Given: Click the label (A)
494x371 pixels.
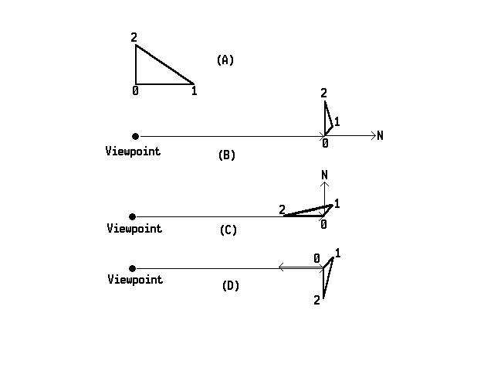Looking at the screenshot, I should [225, 60].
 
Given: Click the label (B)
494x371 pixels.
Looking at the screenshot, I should [227, 155].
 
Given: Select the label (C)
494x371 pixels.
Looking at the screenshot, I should [228, 230].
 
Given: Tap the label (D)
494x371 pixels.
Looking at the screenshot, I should [230, 285].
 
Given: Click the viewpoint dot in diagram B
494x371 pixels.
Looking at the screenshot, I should [136, 137].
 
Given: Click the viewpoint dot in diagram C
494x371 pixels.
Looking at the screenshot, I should [133, 216].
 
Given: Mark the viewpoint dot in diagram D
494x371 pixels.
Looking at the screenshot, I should [133, 268].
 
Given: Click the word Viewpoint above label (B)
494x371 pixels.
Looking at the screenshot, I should [133, 151].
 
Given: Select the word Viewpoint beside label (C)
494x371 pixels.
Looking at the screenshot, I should [134, 228].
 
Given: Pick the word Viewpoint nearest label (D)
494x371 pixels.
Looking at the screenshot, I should [135, 279].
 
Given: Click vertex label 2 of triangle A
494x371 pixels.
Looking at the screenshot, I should [134, 37].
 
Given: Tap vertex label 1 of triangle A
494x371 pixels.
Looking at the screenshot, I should [194, 91].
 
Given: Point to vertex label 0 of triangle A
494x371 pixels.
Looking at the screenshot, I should [136, 91].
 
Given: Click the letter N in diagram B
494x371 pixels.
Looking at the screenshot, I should [381, 136].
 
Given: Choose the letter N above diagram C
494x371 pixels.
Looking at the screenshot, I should [325, 176].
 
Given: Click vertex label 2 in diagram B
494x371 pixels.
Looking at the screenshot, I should [324, 94].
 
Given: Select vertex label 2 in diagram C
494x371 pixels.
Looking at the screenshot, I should [282, 209].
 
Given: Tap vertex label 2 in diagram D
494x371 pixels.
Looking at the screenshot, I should [316, 300].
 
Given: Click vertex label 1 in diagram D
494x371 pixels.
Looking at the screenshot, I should [338, 253].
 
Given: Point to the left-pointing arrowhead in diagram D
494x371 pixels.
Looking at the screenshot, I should [281, 267].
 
